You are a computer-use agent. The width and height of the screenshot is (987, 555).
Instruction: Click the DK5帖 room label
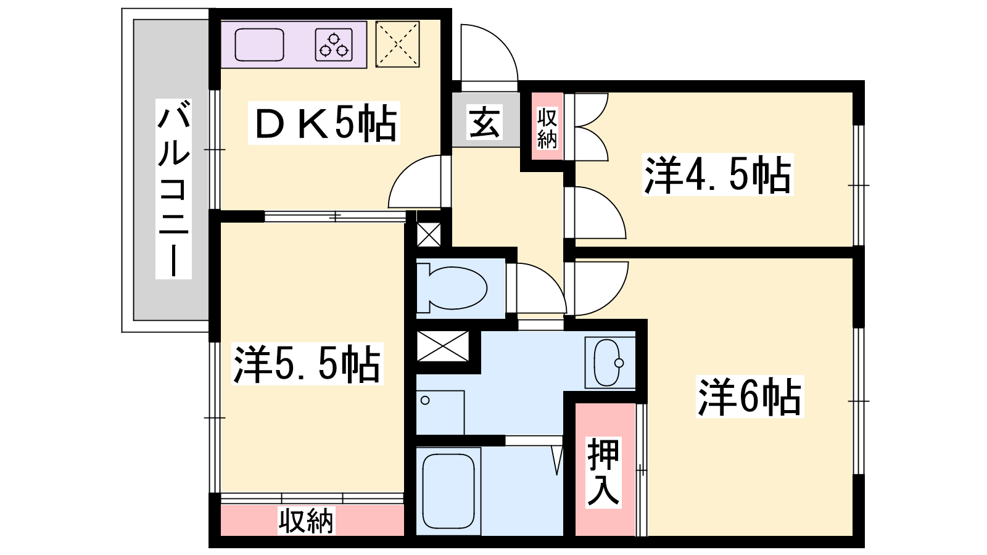pos(324,123)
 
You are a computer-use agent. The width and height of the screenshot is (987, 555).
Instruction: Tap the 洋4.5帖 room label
pos(718,175)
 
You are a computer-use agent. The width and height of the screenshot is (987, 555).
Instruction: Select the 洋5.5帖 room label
pos(307,364)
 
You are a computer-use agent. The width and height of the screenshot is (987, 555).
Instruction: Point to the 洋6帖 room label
pos(750,397)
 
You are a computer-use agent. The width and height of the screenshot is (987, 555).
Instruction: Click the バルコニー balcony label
pos(173,189)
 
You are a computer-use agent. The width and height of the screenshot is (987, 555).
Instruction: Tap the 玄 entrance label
pos(484,121)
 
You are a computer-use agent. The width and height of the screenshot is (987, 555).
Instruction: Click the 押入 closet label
pos(603,472)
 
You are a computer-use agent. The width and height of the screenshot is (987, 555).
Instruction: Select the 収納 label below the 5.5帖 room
pos(306,520)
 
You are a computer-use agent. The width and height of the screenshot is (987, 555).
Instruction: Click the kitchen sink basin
pos(259,44)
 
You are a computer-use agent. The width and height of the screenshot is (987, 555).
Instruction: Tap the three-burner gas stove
pos(334,44)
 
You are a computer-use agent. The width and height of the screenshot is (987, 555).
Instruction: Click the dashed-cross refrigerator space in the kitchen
pos(397,44)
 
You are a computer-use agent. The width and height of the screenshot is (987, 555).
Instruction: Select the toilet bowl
pos(452,287)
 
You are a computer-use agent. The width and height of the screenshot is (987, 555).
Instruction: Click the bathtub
pos(448,491)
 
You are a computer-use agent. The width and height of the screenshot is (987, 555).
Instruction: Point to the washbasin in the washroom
pos(610,363)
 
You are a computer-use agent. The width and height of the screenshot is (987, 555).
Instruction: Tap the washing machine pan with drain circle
pos(440,413)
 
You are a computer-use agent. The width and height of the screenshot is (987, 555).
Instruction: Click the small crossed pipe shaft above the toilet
pos(429,235)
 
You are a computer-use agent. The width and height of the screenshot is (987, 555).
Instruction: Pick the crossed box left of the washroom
pos(442,346)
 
